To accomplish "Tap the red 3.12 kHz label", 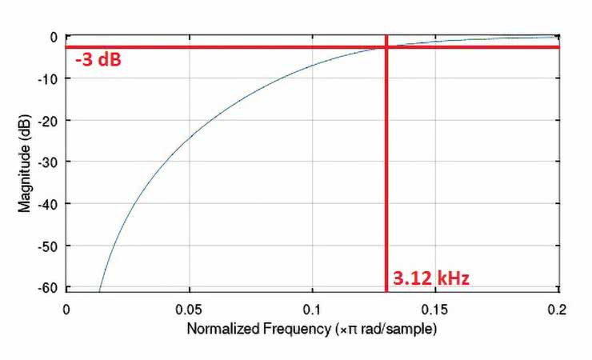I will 430,279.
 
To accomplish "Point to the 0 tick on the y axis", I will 53,37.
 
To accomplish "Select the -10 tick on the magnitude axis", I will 48,78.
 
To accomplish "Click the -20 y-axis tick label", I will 48,120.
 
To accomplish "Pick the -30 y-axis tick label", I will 48,162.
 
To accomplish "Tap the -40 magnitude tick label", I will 48,204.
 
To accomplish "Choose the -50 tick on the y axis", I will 48,246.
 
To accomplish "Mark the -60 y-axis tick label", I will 48,287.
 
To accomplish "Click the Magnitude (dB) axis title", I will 24,162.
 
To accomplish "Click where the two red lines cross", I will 386,47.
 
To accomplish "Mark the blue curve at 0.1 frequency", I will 313,66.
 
